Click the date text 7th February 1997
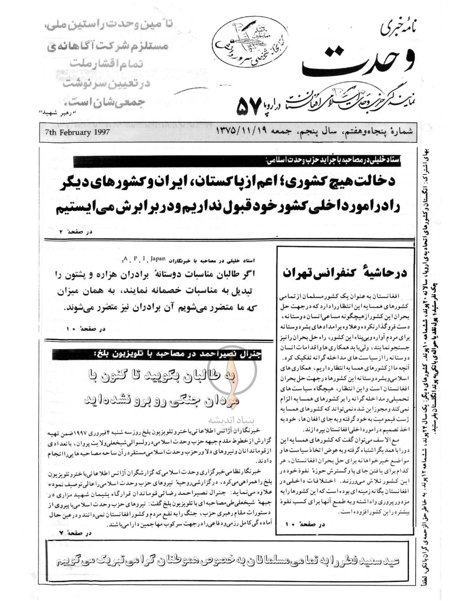pyautogui.click(x=78, y=132)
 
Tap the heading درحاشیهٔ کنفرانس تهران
pyautogui.click(x=345, y=273)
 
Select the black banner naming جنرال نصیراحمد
pyautogui.click(x=157, y=355)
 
